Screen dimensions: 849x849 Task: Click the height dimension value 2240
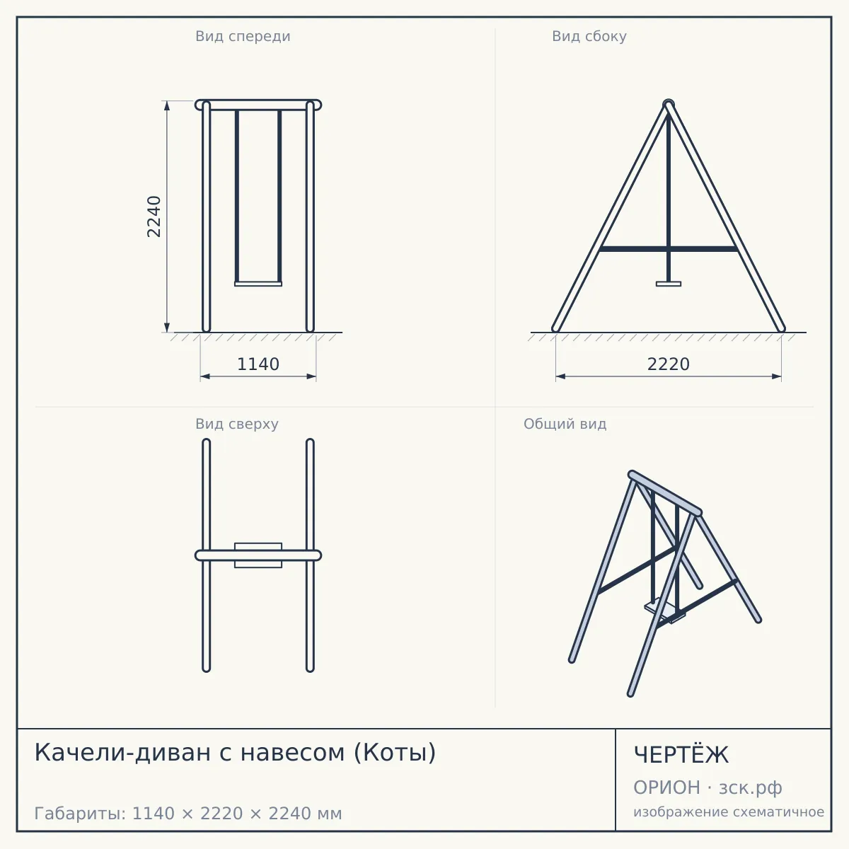[x=154, y=216]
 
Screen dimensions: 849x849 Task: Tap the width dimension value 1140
[x=258, y=364]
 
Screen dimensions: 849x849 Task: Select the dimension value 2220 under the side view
[x=669, y=364]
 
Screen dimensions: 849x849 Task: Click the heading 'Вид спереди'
[x=243, y=37]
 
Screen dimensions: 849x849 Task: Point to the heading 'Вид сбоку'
[x=589, y=36]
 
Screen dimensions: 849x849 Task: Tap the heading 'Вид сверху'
[x=237, y=424]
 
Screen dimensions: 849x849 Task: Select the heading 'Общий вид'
[x=565, y=424]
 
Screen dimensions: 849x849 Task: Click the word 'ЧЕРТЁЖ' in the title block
[x=681, y=755]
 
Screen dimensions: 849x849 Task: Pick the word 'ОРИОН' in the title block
[x=666, y=787]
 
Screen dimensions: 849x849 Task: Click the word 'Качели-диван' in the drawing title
[x=122, y=753]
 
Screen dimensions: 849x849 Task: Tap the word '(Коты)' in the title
[x=395, y=753]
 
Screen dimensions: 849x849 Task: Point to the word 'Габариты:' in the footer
[x=80, y=814]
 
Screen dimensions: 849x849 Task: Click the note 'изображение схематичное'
[x=729, y=812]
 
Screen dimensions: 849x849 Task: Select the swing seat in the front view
[x=258, y=284]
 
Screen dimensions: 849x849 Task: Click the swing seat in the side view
[x=669, y=284]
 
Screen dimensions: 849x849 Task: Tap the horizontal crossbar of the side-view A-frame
[x=669, y=249]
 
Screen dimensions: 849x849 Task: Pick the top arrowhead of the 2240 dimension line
[x=166, y=105]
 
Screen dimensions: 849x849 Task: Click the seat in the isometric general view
[x=664, y=609]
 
